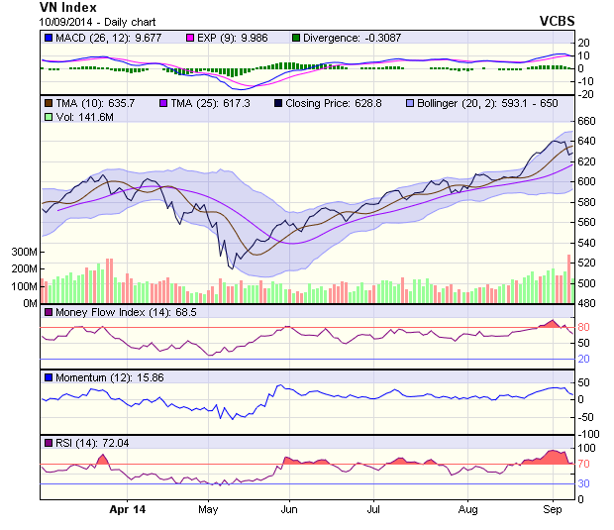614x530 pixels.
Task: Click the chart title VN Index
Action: pyautogui.click(x=67, y=7)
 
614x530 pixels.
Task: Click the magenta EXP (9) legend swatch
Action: pyautogui.click(x=191, y=38)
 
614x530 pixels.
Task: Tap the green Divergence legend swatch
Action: pyautogui.click(x=295, y=38)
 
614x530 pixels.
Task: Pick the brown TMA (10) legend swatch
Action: pyautogui.click(x=48, y=103)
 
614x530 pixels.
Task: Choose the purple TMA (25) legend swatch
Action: pyautogui.click(x=162, y=103)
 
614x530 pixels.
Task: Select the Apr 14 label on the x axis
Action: pyautogui.click(x=126, y=509)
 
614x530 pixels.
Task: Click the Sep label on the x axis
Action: pyautogui.click(x=553, y=509)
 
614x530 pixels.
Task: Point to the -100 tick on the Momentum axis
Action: pyautogui.click(x=588, y=434)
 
